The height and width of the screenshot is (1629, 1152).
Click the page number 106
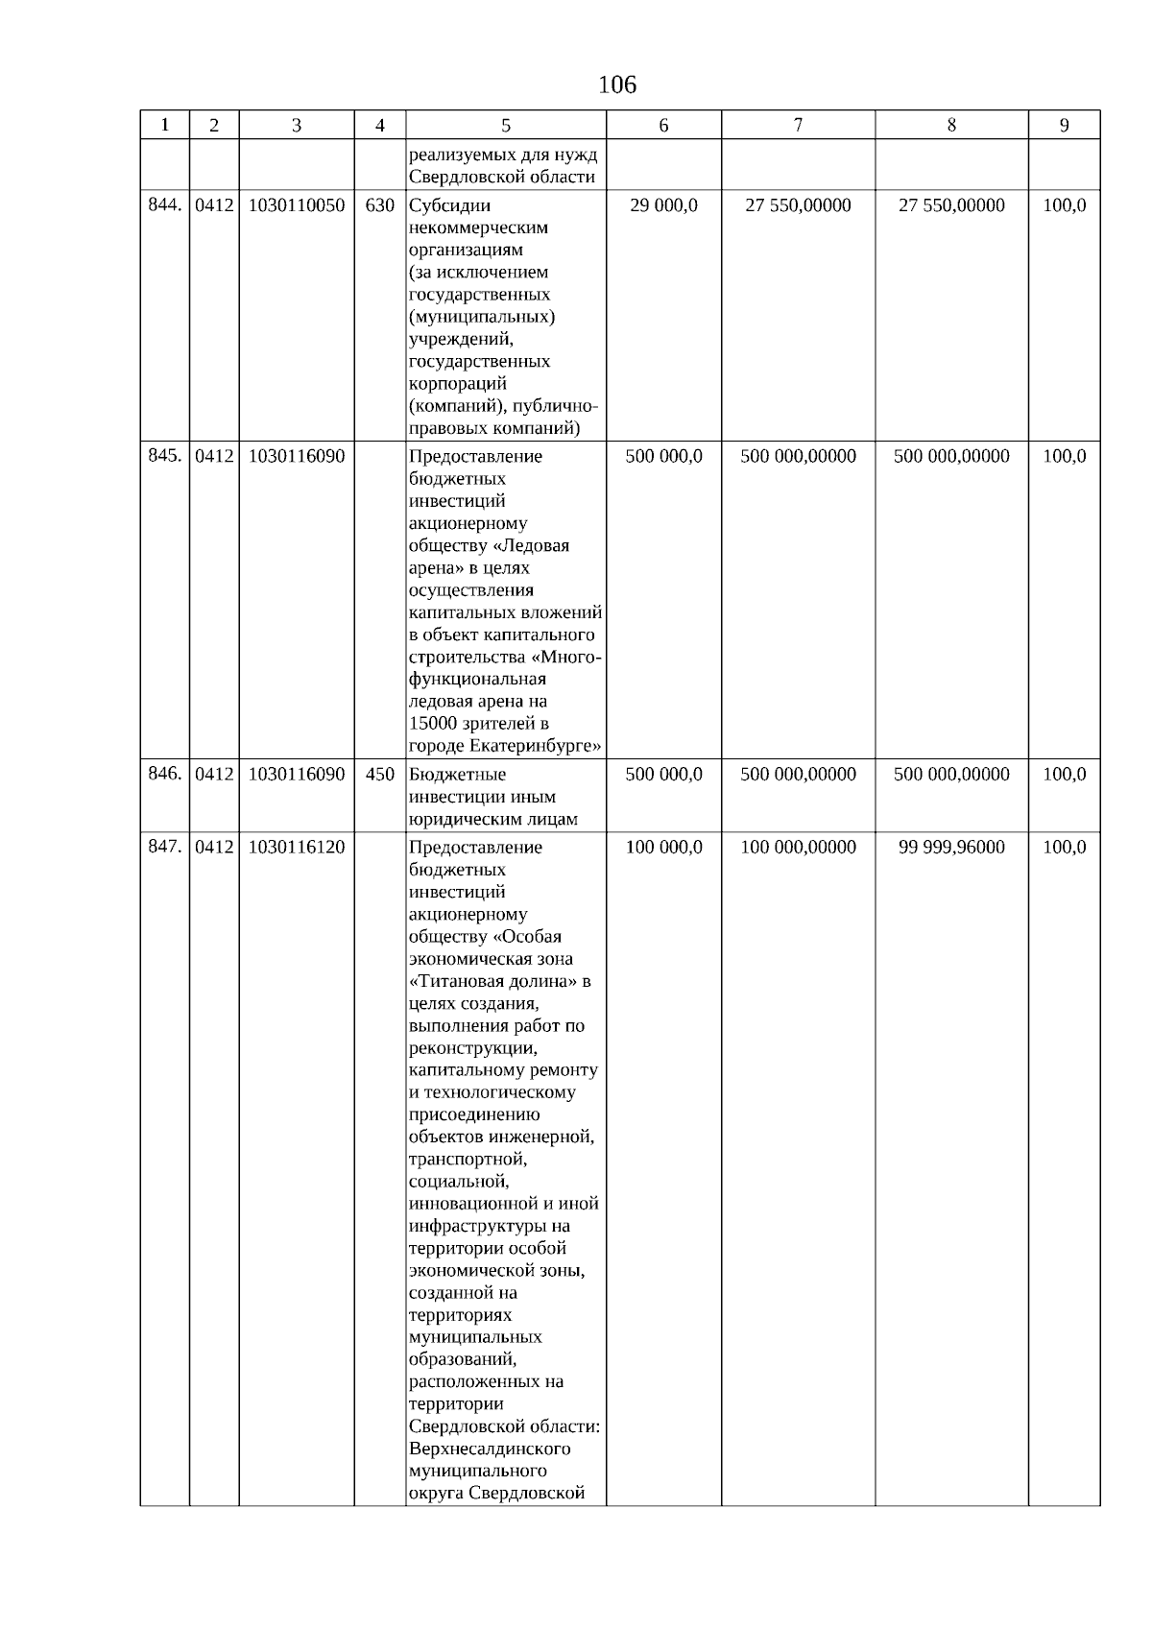616,85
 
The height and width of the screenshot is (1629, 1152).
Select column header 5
506,126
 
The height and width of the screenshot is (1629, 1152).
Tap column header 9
1064,126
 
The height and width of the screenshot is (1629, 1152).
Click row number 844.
164,205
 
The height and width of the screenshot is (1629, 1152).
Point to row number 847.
164,847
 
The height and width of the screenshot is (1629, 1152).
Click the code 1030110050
296,205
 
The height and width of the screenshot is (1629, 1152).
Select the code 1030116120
296,848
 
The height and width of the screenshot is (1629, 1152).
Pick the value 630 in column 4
380,205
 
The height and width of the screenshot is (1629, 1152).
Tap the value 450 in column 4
380,775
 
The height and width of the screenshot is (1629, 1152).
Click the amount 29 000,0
663,205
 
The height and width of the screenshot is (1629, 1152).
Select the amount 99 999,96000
951,848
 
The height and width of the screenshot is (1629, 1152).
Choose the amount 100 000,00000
798,848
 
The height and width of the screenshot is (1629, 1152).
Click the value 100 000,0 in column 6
663,848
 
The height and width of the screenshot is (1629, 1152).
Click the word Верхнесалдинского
489,1449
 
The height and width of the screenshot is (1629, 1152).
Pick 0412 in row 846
214,775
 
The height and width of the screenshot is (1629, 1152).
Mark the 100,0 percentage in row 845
1064,457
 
